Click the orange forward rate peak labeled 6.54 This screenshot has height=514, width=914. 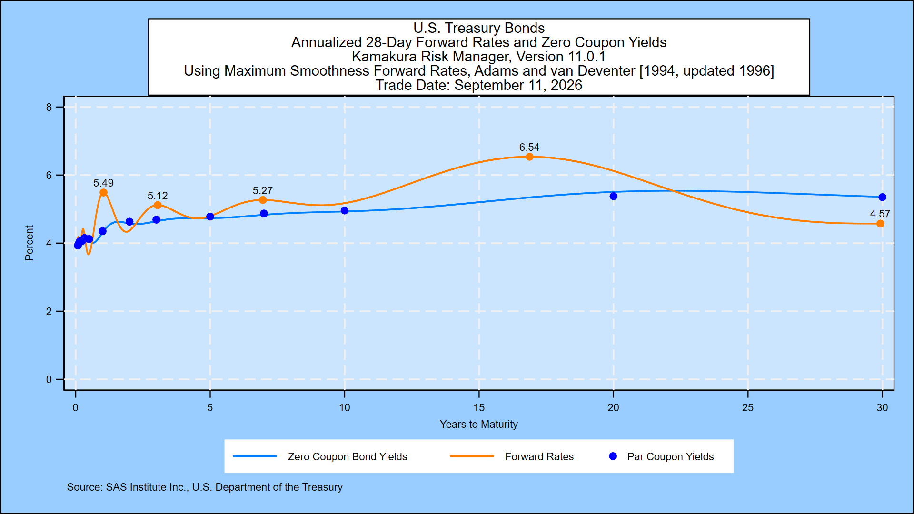[x=529, y=157]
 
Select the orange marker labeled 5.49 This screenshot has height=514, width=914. [x=103, y=193]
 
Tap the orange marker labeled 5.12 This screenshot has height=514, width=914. [x=158, y=205]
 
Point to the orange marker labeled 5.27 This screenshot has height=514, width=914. [x=263, y=200]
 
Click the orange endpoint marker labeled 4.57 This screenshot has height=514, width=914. [x=880, y=224]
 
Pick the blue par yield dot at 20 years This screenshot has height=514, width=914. [x=613, y=196]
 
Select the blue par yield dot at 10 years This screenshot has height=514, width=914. [x=345, y=210]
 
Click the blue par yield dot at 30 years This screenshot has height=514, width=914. [x=882, y=197]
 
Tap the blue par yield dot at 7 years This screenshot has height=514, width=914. [x=264, y=214]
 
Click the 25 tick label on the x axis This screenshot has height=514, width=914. [x=748, y=407]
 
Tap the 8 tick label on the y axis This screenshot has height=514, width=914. [x=49, y=107]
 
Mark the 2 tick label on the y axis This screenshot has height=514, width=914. [x=49, y=311]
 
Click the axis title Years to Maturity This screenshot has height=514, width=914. [x=479, y=424]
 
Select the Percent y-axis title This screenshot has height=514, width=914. [x=29, y=243]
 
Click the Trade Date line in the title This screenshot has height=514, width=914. [x=479, y=85]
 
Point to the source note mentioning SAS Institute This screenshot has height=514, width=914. [x=205, y=487]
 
